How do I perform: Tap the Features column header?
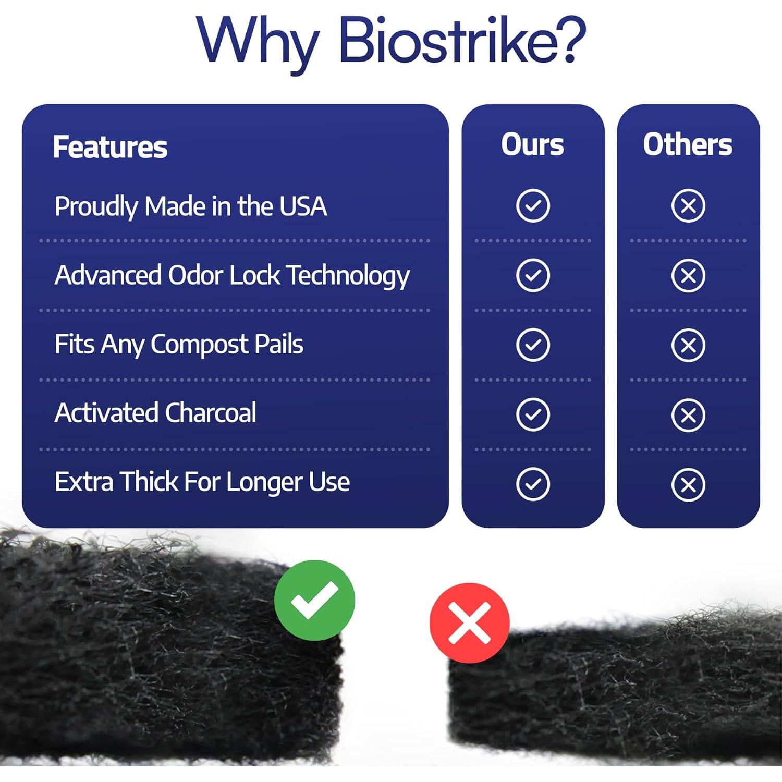pyautogui.click(x=110, y=147)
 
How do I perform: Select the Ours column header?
pyautogui.click(x=532, y=144)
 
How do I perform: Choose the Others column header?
pyautogui.click(x=688, y=144)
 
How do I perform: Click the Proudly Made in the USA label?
pyautogui.click(x=191, y=206)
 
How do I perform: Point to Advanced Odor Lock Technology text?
pyautogui.click(x=232, y=275)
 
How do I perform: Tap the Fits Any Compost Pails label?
pyautogui.click(x=179, y=345)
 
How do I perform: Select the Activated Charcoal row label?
pyautogui.click(x=155, y=413)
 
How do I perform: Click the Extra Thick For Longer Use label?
pyautogui.click(x=202, y=482)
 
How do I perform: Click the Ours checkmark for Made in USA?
pyautogui.click(x=533, y=206)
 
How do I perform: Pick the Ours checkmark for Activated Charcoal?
pyautogui.click(x=533, y=414)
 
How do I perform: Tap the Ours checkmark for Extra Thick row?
pyautogui.click(x=533, y=484)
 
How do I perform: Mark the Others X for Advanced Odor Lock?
pyautogui.click(x=688, y=275)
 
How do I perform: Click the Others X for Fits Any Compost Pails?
pyautogui.click(x=688, y=345)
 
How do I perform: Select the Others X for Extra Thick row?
pyautogui.click(x=688, y=484)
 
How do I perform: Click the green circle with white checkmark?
pyautogui.click(x=314, y=600)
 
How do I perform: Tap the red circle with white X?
pyautogui.click(x=469, y=622)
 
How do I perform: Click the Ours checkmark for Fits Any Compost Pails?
pyautogui.click(x=533, y=345)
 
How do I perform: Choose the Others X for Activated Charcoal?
pyautogui.click(x=688, y=414)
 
